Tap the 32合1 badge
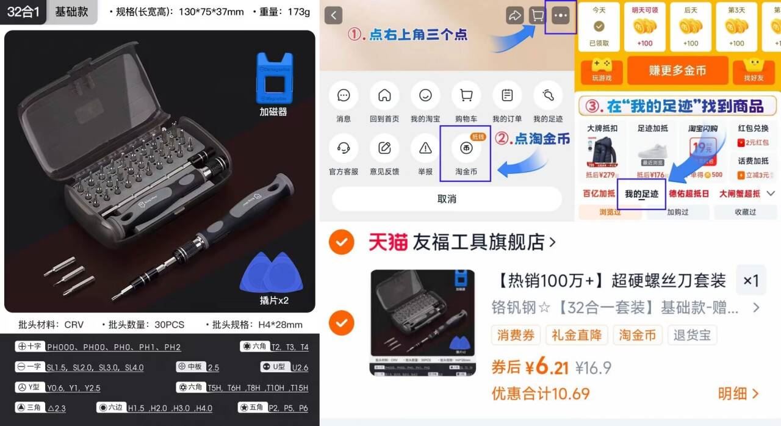click(x=23, y=12)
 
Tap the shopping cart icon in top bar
click(x=537, y=16)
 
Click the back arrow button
click(x=333, y=16)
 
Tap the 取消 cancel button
click(x=447, y=199)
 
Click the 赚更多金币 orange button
click(x=677, y=71)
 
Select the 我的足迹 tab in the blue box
click(x=641, y=194)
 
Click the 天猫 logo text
click(x=387, y=242)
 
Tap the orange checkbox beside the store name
click(x=341, y=242)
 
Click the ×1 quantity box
click(x=750, y=281)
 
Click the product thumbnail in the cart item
click(x=423, y=322)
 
